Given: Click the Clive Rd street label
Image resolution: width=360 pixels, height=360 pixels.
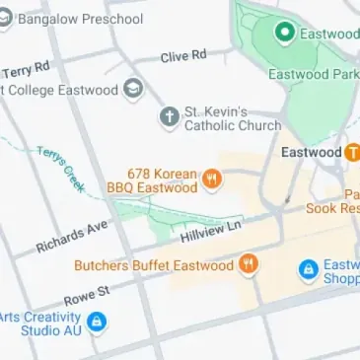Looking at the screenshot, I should (x=184, y=56).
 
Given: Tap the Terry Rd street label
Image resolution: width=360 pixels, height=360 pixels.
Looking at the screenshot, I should (x=26, y=70).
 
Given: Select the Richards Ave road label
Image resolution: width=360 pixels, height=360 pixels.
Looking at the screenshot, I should (x=71, y=235).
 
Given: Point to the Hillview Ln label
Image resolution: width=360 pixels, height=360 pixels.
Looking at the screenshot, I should (x=211, y=233).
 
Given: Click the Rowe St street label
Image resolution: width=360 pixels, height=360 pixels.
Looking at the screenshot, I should (x=86, y=292).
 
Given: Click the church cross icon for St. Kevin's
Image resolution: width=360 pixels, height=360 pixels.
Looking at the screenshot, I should (x=170, y=117).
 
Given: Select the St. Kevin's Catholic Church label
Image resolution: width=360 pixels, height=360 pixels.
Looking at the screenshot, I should (x=232, y=118).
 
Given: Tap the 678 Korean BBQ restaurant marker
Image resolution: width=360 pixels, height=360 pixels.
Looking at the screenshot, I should (x=212, y=180).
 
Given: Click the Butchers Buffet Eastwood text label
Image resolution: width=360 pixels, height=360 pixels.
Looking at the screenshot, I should (x=154, y=265).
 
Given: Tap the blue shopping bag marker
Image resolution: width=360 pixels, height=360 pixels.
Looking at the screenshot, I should (x=308, y=268).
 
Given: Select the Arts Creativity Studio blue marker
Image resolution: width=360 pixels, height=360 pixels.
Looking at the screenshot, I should (x=97, y=322).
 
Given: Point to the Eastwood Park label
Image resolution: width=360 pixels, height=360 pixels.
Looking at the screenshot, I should (x=318, y=74).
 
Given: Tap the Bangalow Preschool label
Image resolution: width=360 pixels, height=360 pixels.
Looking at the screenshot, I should (x=79, y=18).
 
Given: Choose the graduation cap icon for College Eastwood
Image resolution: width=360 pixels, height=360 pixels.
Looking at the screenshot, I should (x=132, y=90).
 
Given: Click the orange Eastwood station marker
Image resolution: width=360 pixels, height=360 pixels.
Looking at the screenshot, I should (x=352, y=153).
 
